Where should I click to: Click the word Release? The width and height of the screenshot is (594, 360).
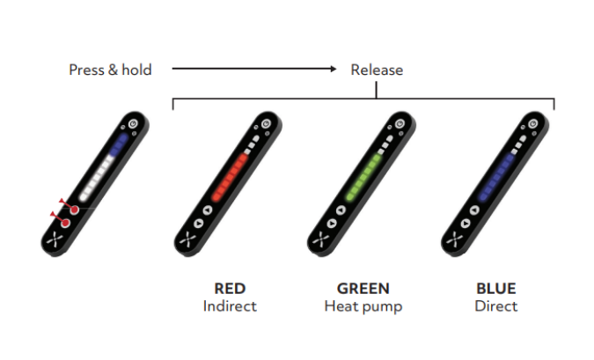(x=377, y=70)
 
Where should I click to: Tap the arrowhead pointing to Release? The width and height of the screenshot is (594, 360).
(x=332, y=69)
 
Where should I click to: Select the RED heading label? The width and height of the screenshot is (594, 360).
(x=230, y=289)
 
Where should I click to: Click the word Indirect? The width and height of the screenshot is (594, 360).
(x=230, y=306)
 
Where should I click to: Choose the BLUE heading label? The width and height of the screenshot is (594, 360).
(x=496, y=289)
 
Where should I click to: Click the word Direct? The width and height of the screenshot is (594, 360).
(x=496, y=306)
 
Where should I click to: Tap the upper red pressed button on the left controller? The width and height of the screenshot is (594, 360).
(x=74, y=209)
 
